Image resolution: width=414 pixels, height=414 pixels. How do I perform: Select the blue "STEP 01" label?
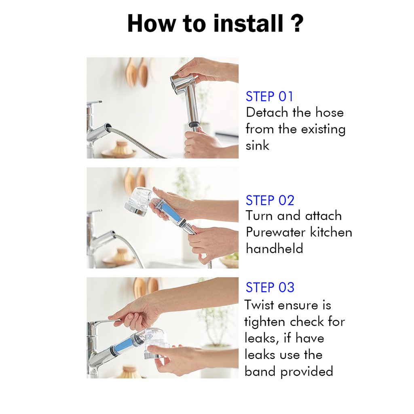269,96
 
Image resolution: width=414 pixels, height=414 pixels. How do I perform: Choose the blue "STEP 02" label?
270,200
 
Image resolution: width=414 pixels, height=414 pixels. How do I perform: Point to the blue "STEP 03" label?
270,287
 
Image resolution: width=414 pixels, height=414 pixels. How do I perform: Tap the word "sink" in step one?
258,145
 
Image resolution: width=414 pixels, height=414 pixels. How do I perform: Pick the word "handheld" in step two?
275,249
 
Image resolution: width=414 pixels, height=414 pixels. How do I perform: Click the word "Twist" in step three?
259,305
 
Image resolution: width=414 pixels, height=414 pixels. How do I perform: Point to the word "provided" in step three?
306,372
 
